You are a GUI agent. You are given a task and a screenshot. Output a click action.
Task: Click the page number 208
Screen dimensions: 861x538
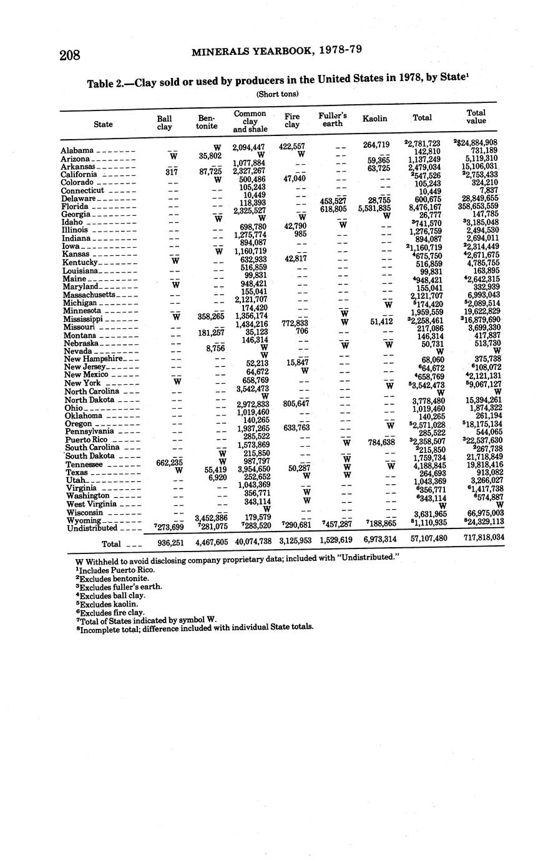70,56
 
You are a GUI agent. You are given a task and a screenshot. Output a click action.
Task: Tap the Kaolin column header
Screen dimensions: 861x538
374,119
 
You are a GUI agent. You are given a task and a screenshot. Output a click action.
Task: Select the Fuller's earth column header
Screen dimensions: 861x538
333,119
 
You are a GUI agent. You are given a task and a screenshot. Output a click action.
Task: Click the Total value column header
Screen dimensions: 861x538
476,117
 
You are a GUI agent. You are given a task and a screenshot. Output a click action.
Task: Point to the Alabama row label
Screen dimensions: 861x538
77,150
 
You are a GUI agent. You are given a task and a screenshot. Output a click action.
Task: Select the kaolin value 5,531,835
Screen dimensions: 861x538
375,208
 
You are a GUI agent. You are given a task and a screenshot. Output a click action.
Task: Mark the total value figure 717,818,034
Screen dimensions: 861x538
484,537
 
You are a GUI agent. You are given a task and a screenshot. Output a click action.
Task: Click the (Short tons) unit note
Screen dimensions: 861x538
277,94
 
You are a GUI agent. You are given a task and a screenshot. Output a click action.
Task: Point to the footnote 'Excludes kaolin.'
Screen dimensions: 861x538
107,604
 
